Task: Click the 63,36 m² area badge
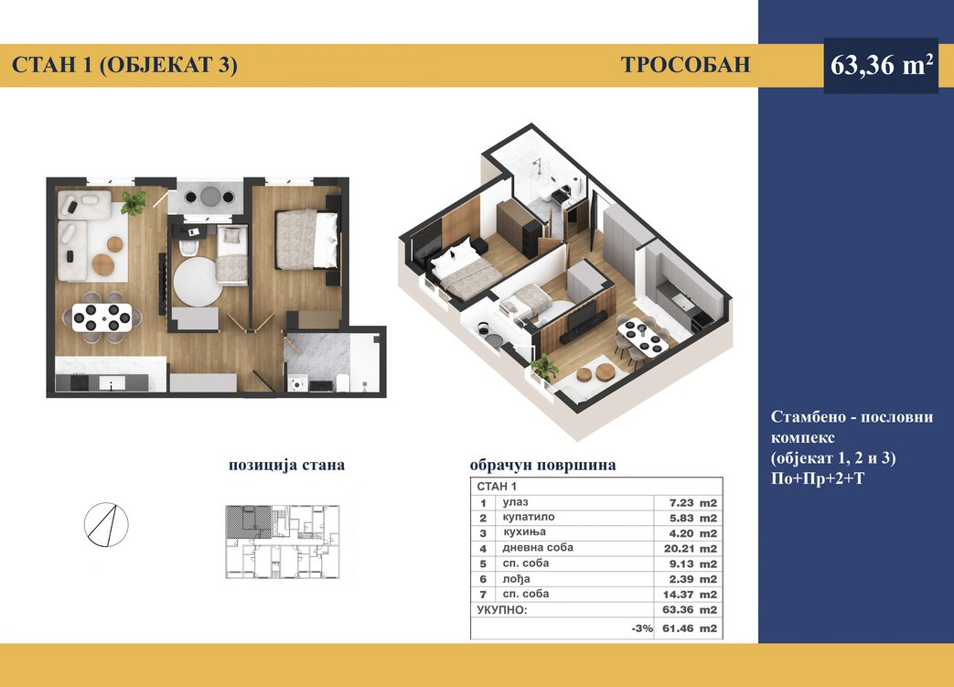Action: [x=881, y=65]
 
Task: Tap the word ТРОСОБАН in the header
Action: [x=686, y=65]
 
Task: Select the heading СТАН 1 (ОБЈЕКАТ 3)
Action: [x=124, y=65]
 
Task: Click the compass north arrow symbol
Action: [x=106, y=524]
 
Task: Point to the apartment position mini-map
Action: [x=283, y=541]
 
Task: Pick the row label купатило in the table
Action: [x=529, y=517]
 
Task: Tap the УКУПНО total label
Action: [x=502, y=610]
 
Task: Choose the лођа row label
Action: [x=516, y=579]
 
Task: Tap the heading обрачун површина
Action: [x=542, y=465]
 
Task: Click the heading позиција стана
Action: [x=286, y=465]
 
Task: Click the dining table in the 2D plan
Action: [x=102, y=317]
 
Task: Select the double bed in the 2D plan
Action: [x=306, y=239]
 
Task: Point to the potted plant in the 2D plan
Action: [x=134, y=203]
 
